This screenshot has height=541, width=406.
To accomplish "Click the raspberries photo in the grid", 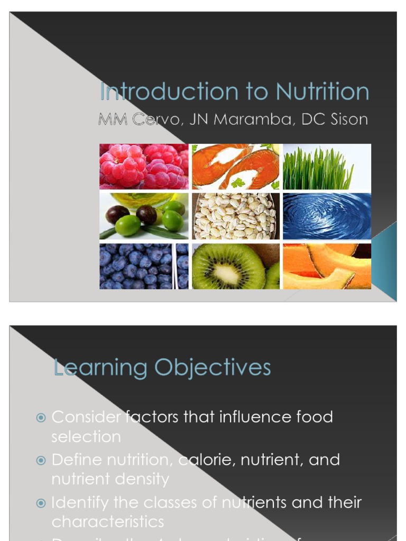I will pos(144,166).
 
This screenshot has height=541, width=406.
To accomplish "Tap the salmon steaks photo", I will pos(235,166).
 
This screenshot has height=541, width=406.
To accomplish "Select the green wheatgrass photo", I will pos(327,166).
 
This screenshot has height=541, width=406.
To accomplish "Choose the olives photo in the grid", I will pos(144,216).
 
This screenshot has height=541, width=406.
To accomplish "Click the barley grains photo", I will pos(235,216).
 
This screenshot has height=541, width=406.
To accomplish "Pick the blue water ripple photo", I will pos(327,216).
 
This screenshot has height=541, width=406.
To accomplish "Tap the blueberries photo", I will pos(144,266).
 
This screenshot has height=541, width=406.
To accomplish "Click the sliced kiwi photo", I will pos(235,266).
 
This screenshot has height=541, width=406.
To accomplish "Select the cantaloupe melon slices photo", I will pos(327,266).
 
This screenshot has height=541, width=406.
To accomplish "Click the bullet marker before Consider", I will pos(41,418).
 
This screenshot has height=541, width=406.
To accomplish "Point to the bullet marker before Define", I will pos(41,460).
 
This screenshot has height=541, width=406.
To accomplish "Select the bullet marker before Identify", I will pos(41,503).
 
